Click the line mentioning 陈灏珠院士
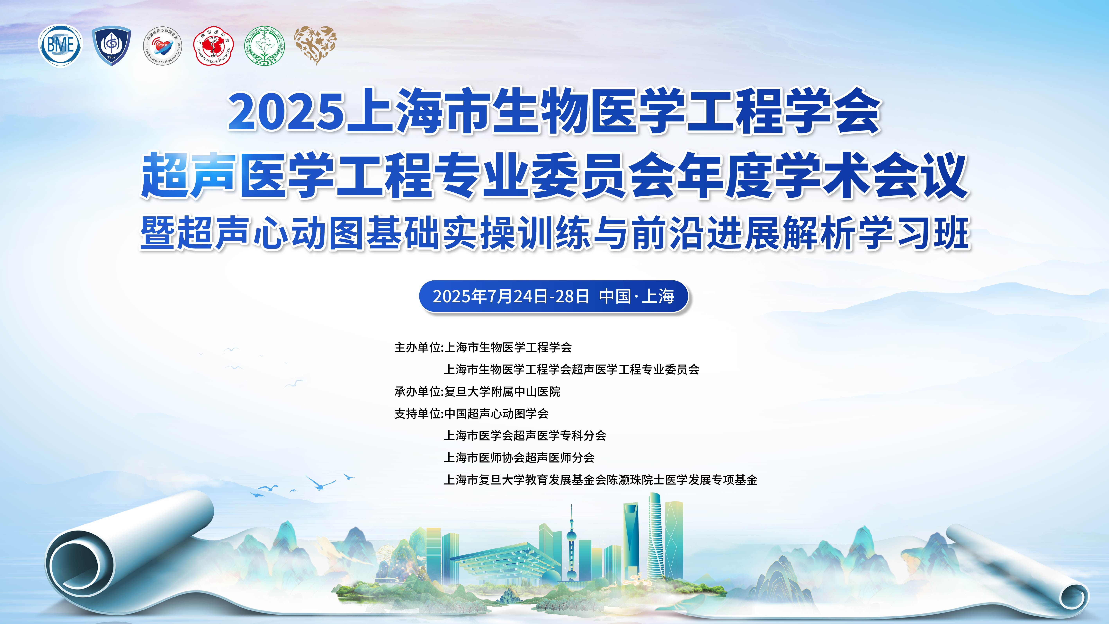601,480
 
